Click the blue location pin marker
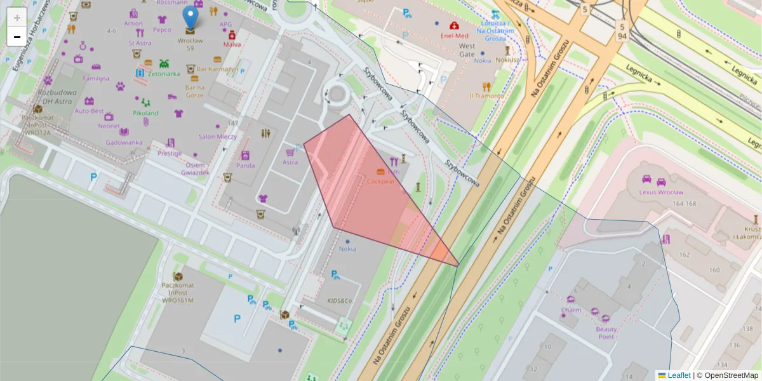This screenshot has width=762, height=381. (x=190, y=18)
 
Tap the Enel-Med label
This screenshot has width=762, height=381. (x=455, y=36)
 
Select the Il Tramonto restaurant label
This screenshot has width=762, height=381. (x=486, y=96)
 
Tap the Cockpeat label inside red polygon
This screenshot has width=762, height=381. (x=381, y=181)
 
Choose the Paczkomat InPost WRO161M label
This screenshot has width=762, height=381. (x=177, y=293)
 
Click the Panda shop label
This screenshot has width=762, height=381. (x=245, y=166)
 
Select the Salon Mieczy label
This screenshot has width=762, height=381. (x=217, y=137)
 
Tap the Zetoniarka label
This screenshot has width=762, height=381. (x=164, y=74)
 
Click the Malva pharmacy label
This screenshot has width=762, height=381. (x=232, y=44)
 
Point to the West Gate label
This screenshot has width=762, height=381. (x=467, y=50)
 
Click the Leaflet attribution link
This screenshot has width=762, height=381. (x=678, y=375)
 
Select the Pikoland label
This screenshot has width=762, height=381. (x=145, y=113)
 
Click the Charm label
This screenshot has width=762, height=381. (x=571, y=311)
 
